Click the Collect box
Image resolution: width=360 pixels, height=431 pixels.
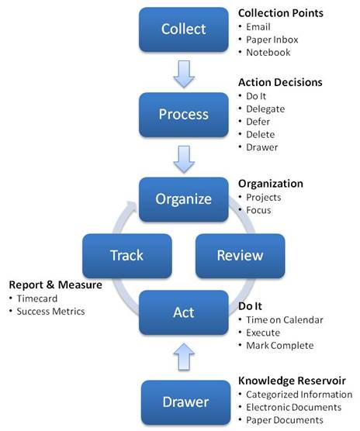coord(183,29)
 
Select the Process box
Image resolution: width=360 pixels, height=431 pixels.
coord(183,115)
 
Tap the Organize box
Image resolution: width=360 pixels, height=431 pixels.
coord(183,199)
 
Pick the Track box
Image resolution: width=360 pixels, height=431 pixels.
coord(127,256)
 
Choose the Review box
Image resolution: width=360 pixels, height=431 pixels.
coord(240,256)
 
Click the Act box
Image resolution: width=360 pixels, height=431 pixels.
coord(183,312)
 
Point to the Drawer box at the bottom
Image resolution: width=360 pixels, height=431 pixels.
coord(185,402)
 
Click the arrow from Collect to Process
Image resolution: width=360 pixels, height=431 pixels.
coord(184,74)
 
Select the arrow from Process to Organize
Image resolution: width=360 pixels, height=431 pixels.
coord(184,159)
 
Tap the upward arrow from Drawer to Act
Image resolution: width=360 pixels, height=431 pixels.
coord(184,357)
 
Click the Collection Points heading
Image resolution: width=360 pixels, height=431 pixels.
coord(281,13)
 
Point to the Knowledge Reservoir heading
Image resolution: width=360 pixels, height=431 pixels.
coord(292,381)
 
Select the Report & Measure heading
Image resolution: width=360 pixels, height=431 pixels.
coord(56,284)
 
